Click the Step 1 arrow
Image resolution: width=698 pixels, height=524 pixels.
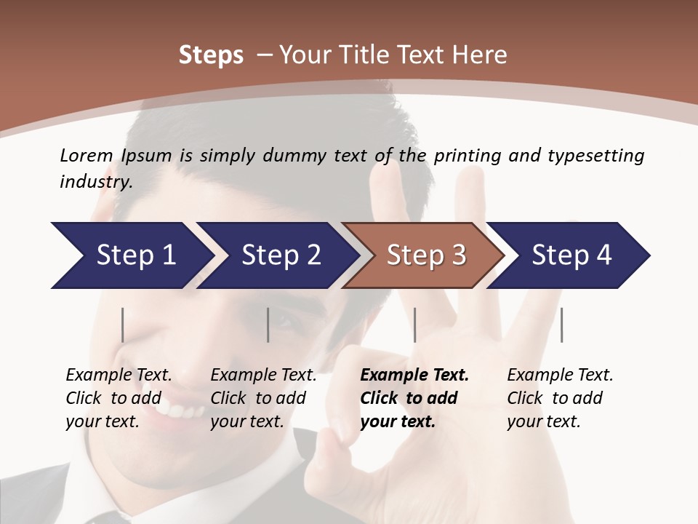[131, 255]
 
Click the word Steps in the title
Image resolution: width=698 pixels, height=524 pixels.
[211, 55]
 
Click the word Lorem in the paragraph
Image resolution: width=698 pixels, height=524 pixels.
[87, 155]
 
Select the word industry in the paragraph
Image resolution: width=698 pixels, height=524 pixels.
[95, 182]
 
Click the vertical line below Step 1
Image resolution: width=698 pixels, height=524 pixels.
[123, 325]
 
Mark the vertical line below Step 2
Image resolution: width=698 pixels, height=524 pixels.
[268, 325]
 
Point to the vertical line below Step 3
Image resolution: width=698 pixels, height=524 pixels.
[414, 325]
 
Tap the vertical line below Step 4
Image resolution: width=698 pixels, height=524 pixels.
[561, 325]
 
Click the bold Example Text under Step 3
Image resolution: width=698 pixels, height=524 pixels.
[414, 376]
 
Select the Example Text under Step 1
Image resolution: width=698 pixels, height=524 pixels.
[119, 376]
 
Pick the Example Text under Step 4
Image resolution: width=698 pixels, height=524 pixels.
[560, 376]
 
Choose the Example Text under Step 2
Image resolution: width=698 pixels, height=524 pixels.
[263, 376]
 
